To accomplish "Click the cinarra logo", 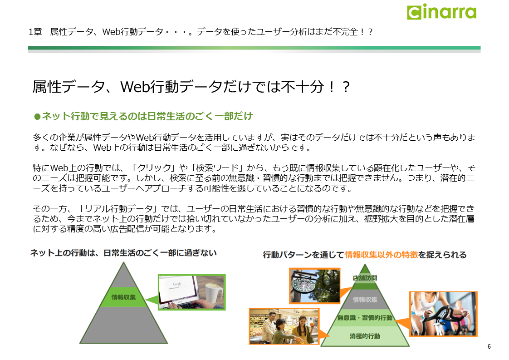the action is point(442,12).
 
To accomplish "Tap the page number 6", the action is point(489,346).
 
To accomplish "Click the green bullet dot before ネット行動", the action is point(37,116).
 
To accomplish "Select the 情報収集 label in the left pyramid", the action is point(124,297).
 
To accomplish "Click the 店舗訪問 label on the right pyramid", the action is point(365,278).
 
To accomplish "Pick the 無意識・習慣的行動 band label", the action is point(365,318).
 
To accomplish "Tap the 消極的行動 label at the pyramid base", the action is point(365,336).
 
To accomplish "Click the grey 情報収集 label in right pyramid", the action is point(365,300).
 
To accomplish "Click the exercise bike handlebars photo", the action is point(443,314).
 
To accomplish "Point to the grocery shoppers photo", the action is point(284,326).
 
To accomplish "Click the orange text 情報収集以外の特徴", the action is point(381,255).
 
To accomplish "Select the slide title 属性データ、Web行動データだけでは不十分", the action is point(191,87).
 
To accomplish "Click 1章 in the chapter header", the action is point(35,32).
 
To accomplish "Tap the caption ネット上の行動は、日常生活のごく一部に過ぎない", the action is point(123,253).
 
